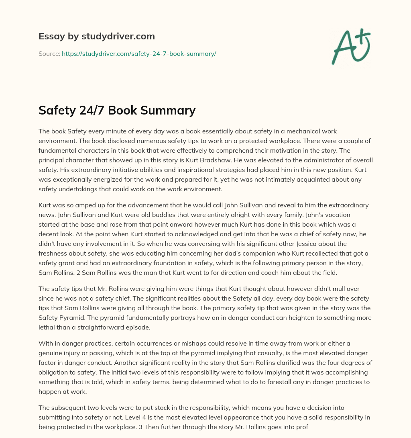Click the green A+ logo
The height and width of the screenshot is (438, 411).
351,47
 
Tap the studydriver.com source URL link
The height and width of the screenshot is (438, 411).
139,53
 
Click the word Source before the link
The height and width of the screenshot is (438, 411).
49,53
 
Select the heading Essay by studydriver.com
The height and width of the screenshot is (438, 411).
96,36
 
